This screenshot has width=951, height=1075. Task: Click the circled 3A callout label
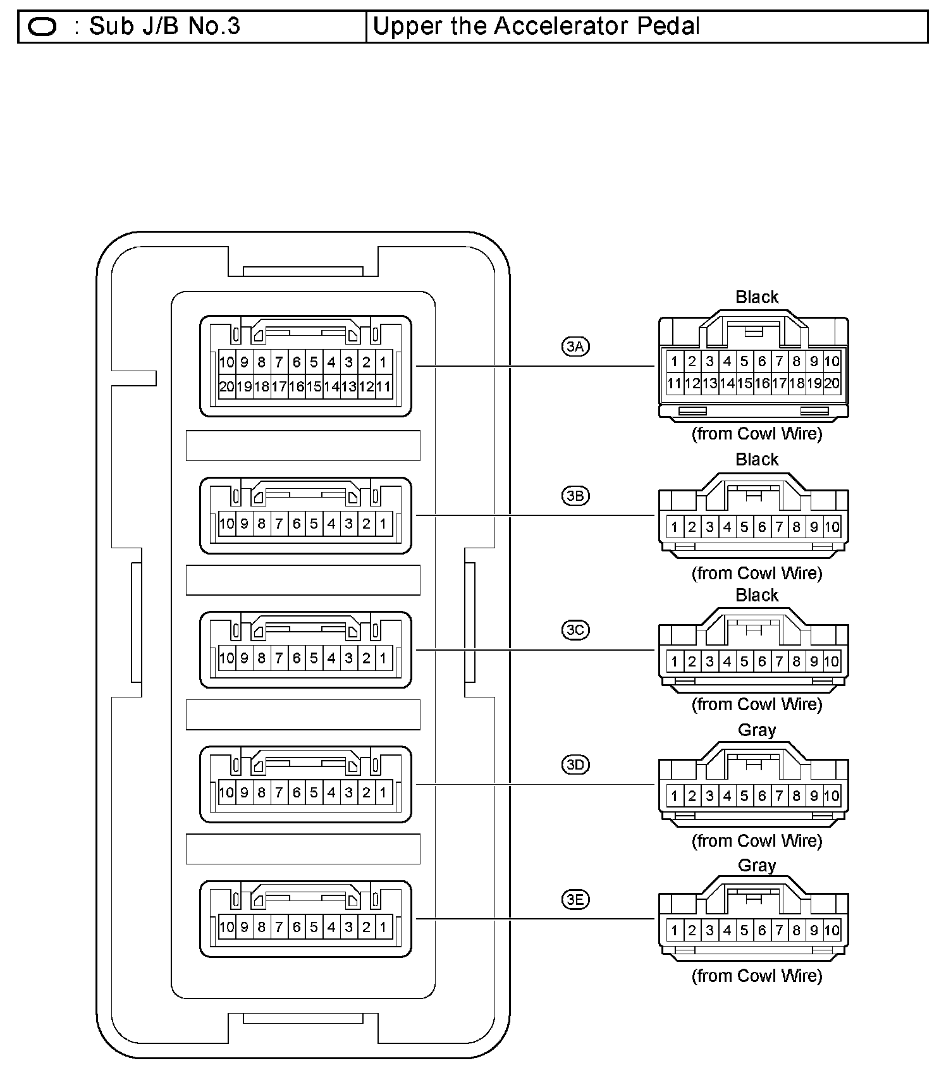click(x=575, y=346)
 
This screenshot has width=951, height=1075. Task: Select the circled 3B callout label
click(x=575, y=495)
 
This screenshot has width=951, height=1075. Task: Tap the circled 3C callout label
click(x=575, y=630)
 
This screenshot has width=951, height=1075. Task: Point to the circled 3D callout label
click(x=575, y=765)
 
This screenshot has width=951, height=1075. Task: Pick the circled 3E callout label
click(x=575, y=899)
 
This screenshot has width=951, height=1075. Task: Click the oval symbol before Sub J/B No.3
click(x=42, y=27)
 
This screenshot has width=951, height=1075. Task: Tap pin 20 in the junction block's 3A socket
click(x=226, y=386)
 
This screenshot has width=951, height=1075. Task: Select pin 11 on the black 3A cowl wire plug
click(x=674, y=383)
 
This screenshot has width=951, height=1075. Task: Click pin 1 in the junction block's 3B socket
click(x=383, y=524)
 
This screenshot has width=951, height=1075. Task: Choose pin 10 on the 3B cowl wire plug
click(x=832, y=527)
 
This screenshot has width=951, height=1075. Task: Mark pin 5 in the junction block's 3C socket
click(x=314, y=658)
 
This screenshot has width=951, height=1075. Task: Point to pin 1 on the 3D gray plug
click(x=674, y=796)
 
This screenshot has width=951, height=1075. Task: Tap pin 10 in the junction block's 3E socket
click(x=226, y=927)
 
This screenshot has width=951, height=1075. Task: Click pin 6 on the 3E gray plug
click(x=762, y=930)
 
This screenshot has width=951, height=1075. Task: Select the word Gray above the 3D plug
click(x=756, y=730)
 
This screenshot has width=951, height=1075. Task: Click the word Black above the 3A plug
click(x=756, y=297)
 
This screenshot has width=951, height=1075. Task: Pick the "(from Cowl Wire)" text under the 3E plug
click(x=756, y=976)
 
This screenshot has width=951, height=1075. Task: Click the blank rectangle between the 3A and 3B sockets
click(x=303, y=445)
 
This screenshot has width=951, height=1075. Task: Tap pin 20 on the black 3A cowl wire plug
click(x=832, y=383)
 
